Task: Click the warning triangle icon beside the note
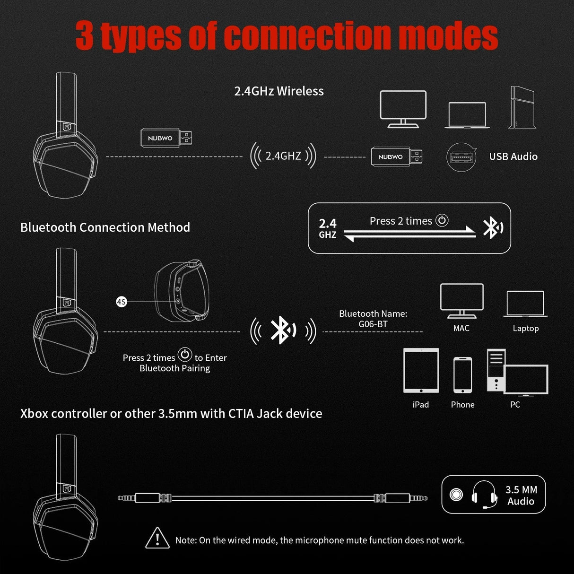pos(157,538)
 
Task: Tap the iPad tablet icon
pos(421,371)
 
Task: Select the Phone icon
pos(462,375)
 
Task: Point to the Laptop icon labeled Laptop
pos(525,304)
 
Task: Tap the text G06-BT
pos(373,324)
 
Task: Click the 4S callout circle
pos(122,301)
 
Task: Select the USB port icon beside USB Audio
pos(461,157)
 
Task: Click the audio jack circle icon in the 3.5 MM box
pos(456,495)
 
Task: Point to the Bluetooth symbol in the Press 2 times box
pos(492,228)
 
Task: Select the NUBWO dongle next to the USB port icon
pos(396,157)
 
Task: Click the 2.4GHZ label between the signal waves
pos(283,156)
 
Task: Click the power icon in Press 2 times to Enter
pos(185,355)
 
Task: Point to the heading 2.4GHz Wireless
pos(279,91)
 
